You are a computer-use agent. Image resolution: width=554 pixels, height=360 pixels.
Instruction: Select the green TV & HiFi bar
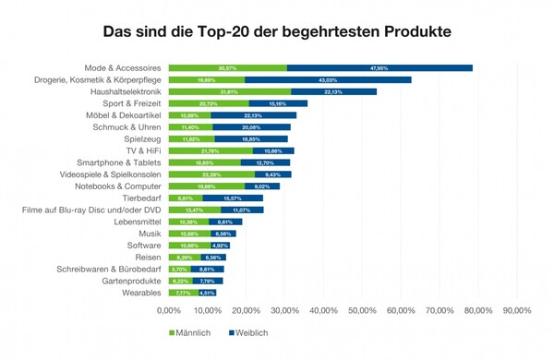pos(211,150)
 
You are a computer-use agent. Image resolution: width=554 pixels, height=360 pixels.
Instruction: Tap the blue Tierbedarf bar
pos(233,198)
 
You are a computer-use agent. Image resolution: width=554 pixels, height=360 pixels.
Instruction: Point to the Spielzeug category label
pos(142,138)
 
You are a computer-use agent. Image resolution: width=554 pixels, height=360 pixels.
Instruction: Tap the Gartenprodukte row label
pos(132,281)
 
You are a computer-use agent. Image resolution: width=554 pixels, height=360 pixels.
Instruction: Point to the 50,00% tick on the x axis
pos(362,310)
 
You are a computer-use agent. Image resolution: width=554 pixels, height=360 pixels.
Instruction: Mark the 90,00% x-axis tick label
pos(516,310)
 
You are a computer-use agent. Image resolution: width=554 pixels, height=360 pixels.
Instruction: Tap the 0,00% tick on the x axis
pos(170,310)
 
